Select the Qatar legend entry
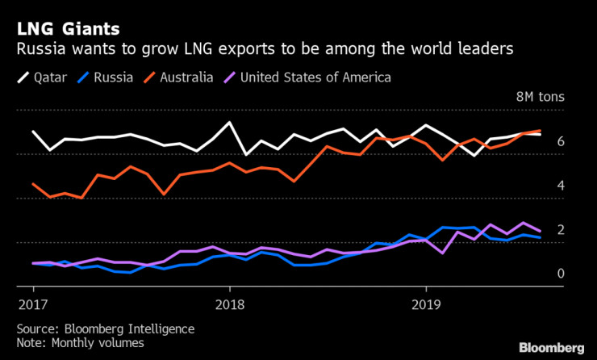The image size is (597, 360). pos(46,77)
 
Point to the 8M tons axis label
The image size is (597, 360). pos(541,98)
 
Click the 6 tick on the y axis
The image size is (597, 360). pos(560,142)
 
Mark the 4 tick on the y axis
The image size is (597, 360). pos(560,186)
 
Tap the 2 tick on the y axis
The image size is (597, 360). pos(560,230)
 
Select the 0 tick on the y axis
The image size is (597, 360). pos(560,274)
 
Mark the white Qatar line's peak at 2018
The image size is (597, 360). pos(229,123)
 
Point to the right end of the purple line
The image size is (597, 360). pos(540,232)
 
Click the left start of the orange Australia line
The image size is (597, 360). pos(33,184)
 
